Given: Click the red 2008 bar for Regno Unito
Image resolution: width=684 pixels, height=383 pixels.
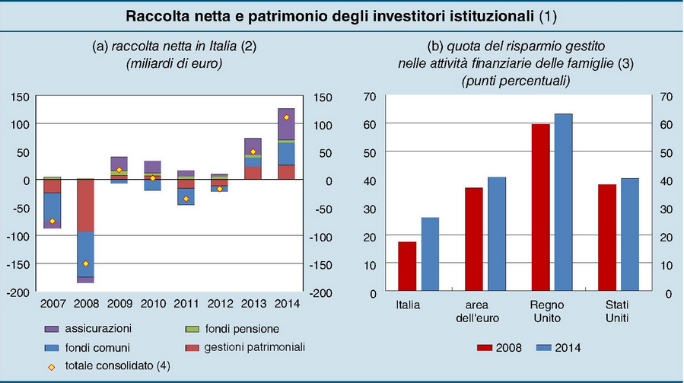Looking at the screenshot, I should (541, 207).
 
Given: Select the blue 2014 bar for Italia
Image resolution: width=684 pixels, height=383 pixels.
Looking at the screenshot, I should (431, 254).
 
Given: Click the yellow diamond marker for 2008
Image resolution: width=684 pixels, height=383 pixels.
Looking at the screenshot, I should (86, 263).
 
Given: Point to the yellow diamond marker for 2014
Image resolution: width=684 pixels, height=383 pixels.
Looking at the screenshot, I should (286, 117).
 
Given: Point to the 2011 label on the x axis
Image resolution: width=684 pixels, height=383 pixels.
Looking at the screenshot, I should (186, 304).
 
